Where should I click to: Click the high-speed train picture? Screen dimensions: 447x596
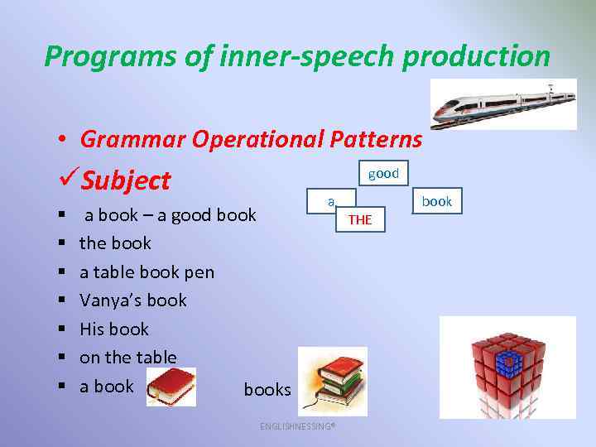pyautogui.click(x=503, y=104)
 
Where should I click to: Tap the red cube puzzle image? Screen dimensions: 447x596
pyautogui.click(x=507, y=367)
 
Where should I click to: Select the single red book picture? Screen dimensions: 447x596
pyautogui.click(x=171, y=387)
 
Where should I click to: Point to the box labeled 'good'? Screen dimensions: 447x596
pyautogui.click(x=383, y=173)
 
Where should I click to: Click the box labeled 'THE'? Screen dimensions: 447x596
pyautogui.click(x=360, y=219)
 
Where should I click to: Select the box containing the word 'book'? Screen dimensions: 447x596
pyautogui.click(x=436, y=201)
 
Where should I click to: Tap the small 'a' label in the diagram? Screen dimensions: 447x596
pyautogui.click(x=330, y=200)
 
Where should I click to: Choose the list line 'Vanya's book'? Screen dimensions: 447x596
pyautogui.click(x=132, y=300)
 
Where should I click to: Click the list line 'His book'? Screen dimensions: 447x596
pyautogui.click(x=113, y=329)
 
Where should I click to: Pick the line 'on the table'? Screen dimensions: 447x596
pyautogui.click(x=127, y=357)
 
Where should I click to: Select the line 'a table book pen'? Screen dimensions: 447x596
pyautogui.click(x=147, y=272)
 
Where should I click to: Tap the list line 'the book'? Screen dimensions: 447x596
pyautogui.click(x=115, y=243)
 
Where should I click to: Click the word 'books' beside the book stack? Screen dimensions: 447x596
pyautogui.click(x=267, y=389)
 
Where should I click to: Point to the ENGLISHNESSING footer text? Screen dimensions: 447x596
pyautogui.click(x=297, y=426)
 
